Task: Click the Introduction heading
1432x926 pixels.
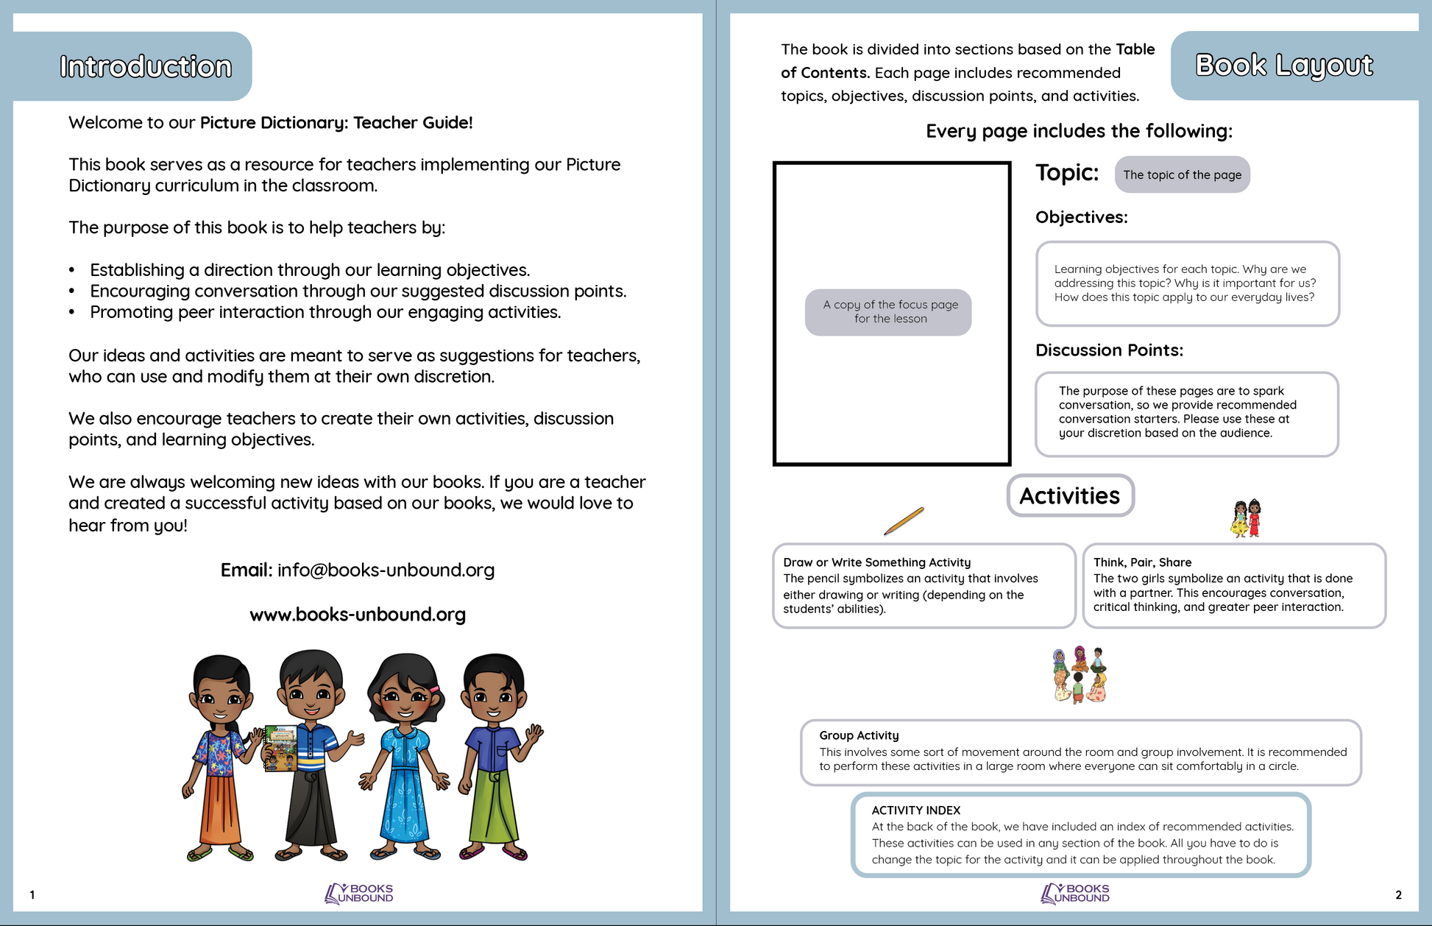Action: click(146, 67)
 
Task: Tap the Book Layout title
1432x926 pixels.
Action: click(1284, 66)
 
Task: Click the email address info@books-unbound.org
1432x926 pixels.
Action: click(386, 570)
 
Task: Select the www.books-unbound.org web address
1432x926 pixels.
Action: click(358, 615)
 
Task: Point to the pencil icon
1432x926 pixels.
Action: click(904, 521)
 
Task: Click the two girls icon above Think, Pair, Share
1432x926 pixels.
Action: click(1246, 518)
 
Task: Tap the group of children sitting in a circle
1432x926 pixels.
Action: click(1080, 674)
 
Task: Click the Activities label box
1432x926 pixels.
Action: click(1070, 496)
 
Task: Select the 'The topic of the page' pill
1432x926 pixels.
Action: click(1182, 175)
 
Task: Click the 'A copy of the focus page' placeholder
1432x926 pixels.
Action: click(888, 312)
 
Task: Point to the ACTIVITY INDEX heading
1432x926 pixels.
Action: click(916, 810)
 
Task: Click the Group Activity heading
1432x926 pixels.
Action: click(859, 735)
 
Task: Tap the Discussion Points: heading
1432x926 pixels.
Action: click(1109, 350)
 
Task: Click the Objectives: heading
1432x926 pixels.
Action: click(1081, 218)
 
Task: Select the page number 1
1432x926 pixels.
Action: click(32, 895)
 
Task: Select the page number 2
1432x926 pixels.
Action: click(1398, 895)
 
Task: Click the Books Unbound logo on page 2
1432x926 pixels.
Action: click(1075, 894)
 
